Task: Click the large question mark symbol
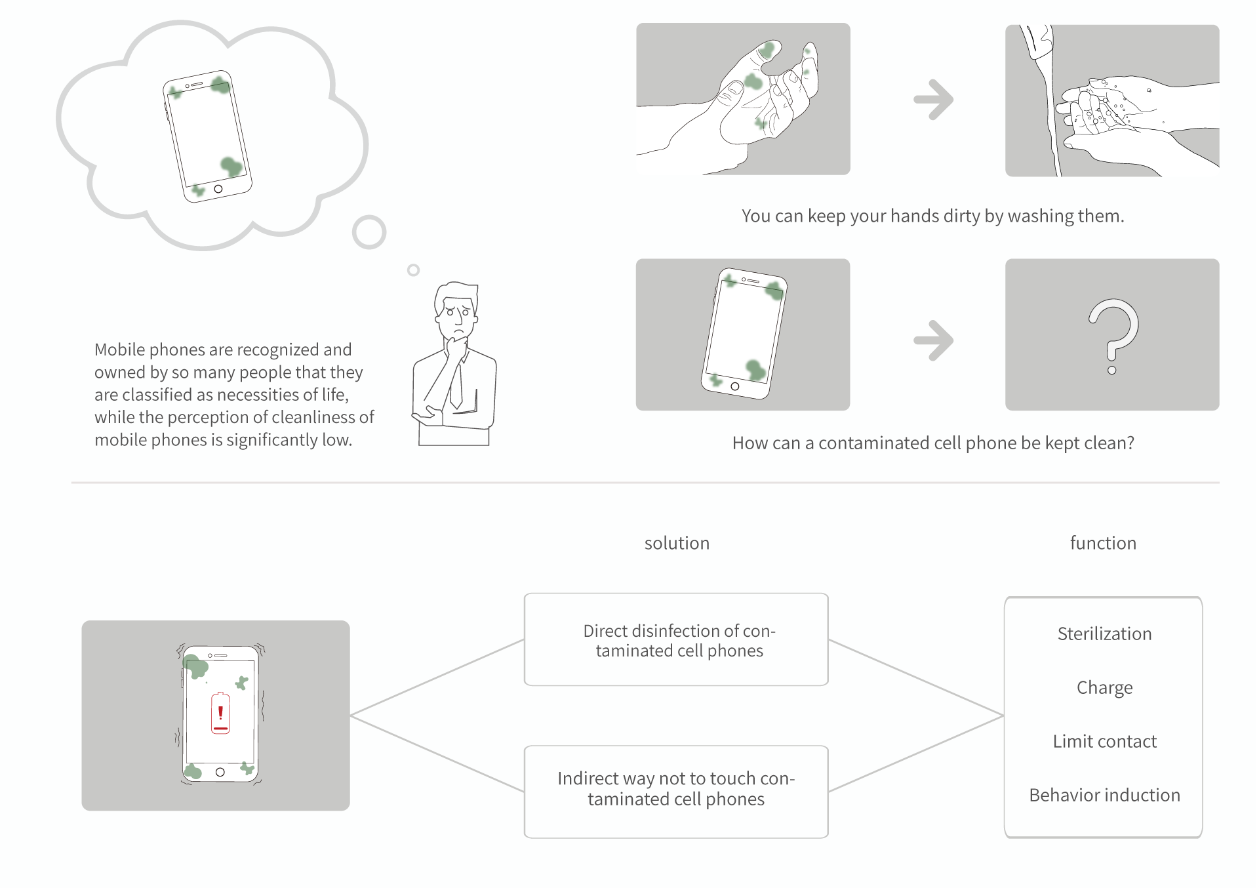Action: (1113, 334)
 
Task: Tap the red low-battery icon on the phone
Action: (220, 713)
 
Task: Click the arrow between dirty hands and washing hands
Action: (934, 100)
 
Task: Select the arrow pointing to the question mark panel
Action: (934, 340)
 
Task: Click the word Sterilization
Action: (1104, 634)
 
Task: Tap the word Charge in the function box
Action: (1104, 687)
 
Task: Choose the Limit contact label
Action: (1104, 741)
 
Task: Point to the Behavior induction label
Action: (1104, 795)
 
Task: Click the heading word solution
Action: (677, 543)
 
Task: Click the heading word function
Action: (1103, 543)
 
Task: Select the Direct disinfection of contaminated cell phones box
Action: (676, 640)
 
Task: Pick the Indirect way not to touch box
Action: (676, 791)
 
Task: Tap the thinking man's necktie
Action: (456, 387)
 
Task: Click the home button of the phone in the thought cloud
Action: (218, 189)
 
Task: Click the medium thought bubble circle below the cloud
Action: (369, 232)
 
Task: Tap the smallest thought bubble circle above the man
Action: (413, 270)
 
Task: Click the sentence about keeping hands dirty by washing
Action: (932, 216)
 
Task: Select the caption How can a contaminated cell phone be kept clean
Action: (932, 443)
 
